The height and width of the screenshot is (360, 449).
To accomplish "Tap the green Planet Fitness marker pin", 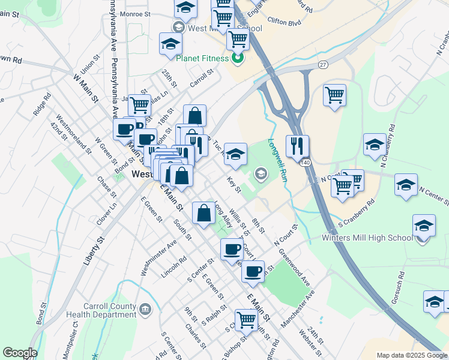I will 237,58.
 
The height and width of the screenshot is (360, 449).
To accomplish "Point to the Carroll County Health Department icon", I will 145,310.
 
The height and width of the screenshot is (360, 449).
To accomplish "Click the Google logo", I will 20,353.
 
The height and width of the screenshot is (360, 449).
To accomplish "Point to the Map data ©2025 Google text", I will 411,355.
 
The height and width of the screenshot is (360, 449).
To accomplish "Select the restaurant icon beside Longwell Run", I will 298,146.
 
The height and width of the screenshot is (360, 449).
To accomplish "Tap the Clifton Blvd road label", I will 283,22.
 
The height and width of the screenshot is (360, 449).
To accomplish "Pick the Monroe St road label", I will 135,13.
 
